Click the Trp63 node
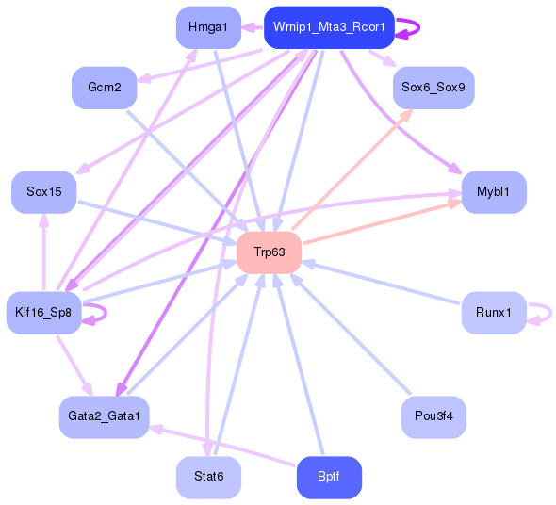pyautogui.click(x=269, y=252)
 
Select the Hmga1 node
pyautogui.click(x=208, y=27)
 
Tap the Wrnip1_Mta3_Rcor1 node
pyautogui.click(x=328, y=27)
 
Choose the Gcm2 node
pyautogui.click(x=104, y=87)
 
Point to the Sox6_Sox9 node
pyautogui.click(x=433, y=87)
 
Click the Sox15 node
pyautogui.click(x=43, y=191)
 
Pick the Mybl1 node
pyautogui.click(x=493, y=191)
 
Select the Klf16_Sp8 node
pyautogui.click(x=43, y=312)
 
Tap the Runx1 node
pyautogui.click(x=493, y=312)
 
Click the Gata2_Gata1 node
pyautogui.click(x=104, y=415)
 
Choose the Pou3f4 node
pyautogui.click(x=433, y=415)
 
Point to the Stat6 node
pyautogui.click(x=208, y=477)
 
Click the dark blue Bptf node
pyautogui.click(x=328, y=477)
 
